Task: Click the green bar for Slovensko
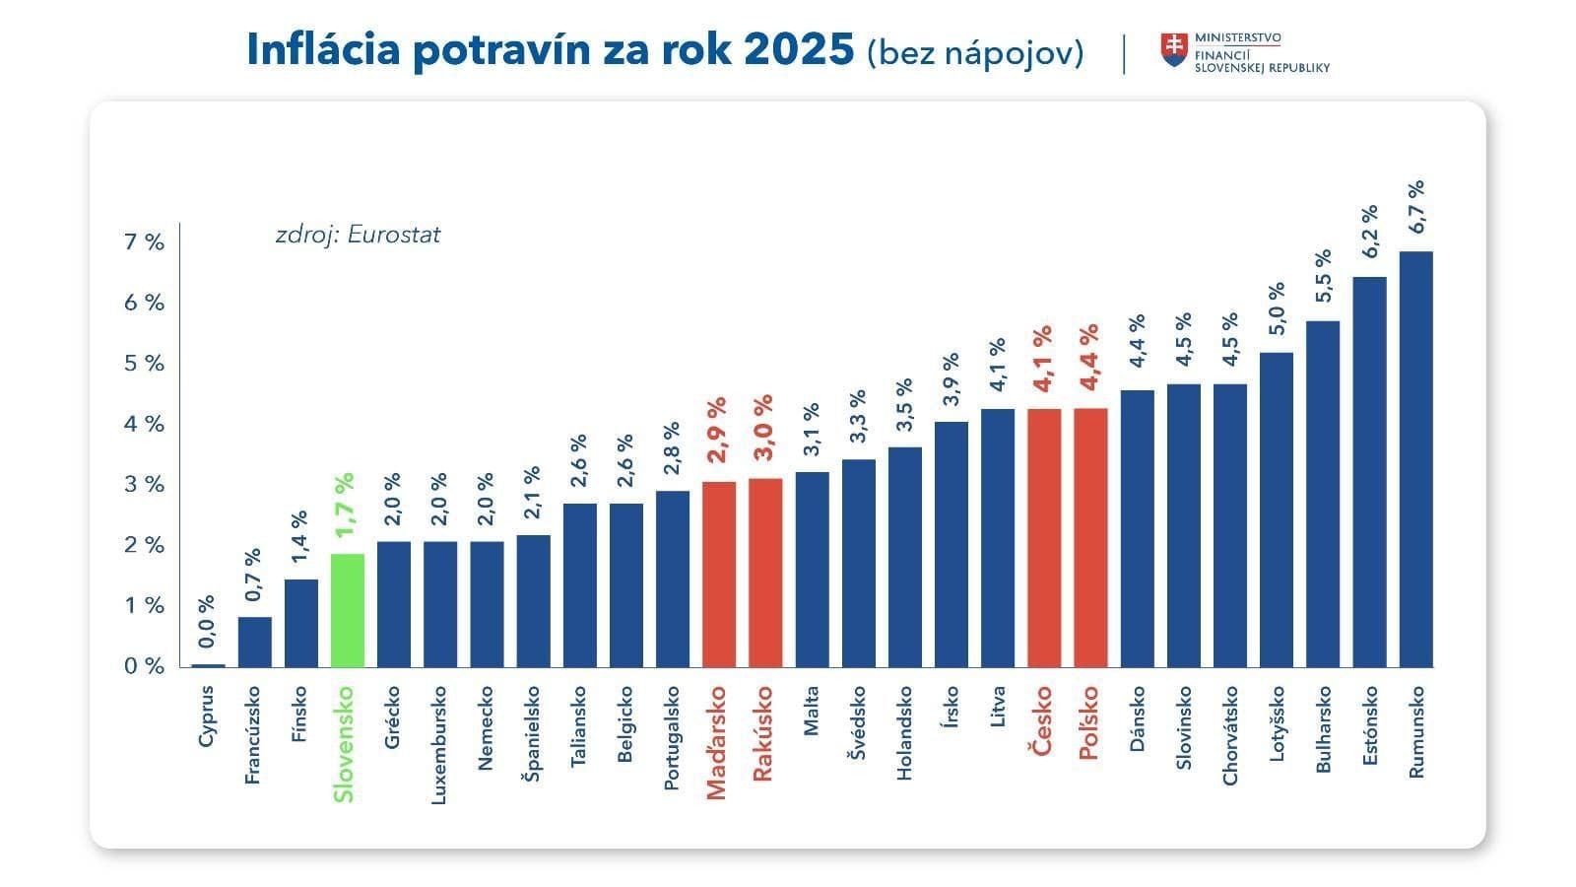tap(348, 610)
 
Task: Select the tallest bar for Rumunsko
tap(1415, 459)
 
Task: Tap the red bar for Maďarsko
tap(719, 574)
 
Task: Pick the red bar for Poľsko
tap(1090, 537)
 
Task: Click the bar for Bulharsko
tap(1323, 494)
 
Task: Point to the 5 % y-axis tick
tap(144, 364)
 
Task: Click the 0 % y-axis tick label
tap(144, 666)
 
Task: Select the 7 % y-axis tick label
tap(144, 242)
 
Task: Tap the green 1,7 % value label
tap(345, 506)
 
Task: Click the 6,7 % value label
tap(1416, 206)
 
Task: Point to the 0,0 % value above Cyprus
tap(207, 623)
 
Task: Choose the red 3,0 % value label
tap(764, 428)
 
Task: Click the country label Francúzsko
tap(253, 735)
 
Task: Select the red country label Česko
tap(1042, 720)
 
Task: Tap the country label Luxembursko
tap(439, 745)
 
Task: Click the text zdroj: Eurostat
tap(358, 235)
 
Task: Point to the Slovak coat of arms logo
tap(1172, 50)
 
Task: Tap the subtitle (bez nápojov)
tap(975, 52)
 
